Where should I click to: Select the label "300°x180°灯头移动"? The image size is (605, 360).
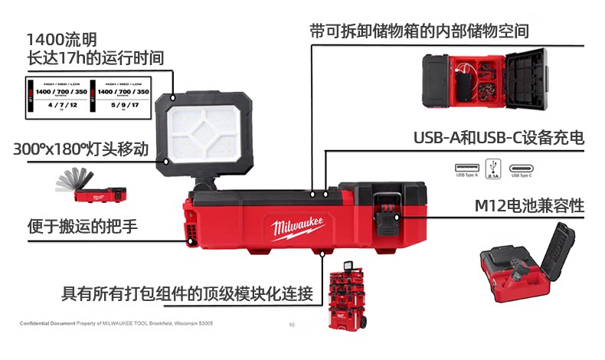pyautogui.click(x=80, y=149)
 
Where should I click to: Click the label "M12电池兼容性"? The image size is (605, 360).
pyautogui.click(x=529, y=206)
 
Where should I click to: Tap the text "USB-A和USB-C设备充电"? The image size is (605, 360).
pyautogui.click(x=499, y=139)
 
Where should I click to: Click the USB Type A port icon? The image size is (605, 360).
pyautogui.click(x=466, y=168)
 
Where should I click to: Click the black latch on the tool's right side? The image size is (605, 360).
pyautogui.click(x=388, y=214)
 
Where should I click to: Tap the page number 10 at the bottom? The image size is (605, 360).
pyautogui.click(x=292, y=326)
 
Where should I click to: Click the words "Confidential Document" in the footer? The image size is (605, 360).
pyautogui.click(x=47, y=323)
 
